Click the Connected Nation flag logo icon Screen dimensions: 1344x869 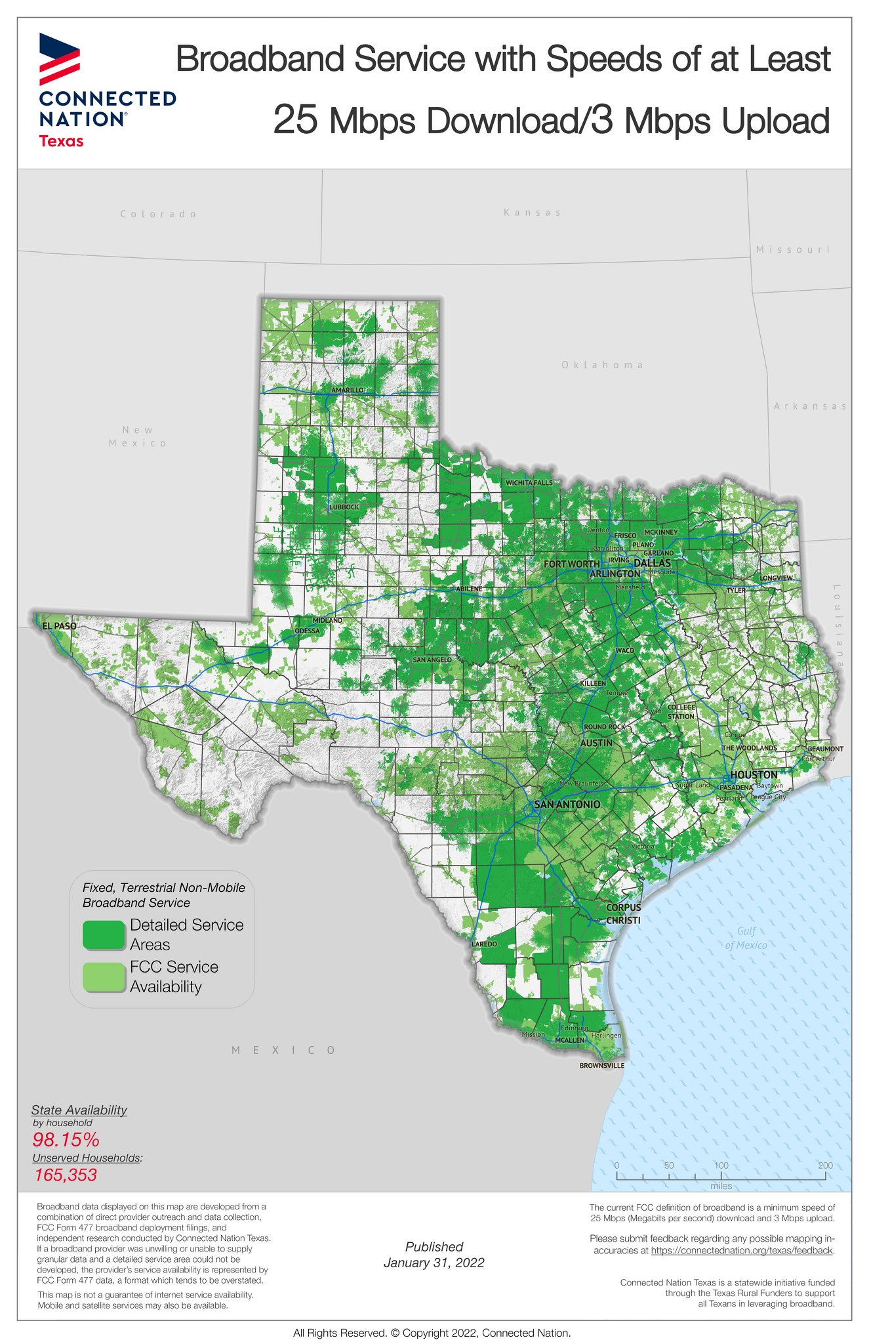60,58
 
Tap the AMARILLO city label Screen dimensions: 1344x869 347,390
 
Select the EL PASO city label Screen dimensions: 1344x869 59,626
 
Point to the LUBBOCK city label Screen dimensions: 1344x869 344,507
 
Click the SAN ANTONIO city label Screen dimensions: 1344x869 567,804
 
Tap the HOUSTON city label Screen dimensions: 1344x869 754,775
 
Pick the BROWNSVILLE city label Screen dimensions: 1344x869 601,1066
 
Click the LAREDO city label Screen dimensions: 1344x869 484,944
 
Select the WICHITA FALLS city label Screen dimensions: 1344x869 529,483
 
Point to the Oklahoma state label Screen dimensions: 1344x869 602,365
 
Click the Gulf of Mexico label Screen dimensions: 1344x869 746,938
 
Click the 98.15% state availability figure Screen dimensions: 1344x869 66,1139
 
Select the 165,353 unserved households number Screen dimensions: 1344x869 66,1175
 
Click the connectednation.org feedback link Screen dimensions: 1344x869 741,1251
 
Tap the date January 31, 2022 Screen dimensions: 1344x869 434,1263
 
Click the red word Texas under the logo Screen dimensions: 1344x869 61,140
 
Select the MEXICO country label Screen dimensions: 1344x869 284,1051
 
